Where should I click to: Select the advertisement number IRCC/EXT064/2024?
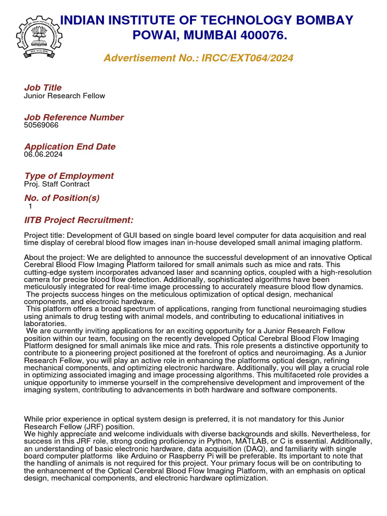247,58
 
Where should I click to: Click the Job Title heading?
43,88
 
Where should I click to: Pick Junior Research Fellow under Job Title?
64,96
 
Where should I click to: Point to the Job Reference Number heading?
74,117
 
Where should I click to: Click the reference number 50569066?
41,125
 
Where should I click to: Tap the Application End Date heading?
70,147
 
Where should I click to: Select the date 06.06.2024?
43,154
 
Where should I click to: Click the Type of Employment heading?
69,176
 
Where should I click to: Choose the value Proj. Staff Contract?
57,184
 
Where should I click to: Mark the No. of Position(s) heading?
62,198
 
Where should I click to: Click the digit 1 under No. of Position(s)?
30,206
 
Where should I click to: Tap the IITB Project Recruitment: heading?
79,220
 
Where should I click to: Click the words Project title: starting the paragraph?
44,235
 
